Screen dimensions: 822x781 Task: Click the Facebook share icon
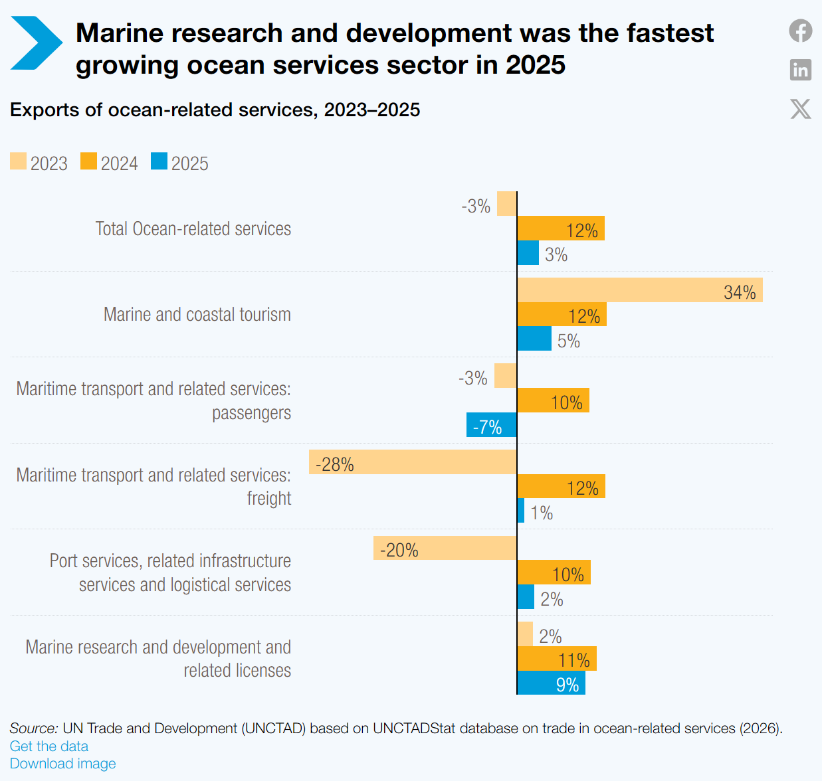pos(800,31)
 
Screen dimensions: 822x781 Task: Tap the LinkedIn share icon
pos(800,69)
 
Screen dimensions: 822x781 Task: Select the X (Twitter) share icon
pos(800,109)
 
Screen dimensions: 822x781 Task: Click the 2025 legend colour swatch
pos(159,161)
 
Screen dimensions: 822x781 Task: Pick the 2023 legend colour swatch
pos(18,161)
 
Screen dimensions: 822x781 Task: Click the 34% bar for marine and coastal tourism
pos(640,290)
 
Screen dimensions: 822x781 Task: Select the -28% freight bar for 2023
pos(413,462)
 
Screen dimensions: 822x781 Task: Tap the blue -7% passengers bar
pos(492,424)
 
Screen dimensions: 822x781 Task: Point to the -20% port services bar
pos(445,548)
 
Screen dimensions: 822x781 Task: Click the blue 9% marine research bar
pos(551,683)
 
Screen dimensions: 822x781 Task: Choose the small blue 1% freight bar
pos(521,510)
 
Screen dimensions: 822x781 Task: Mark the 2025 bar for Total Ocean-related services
pos(528,253)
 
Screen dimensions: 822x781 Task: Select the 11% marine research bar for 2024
pos(557,659)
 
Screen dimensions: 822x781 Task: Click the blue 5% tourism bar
pos(534,339)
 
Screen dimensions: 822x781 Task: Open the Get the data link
pos(49,746)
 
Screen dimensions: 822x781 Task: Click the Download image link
pos(62,764)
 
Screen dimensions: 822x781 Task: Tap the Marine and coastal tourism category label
pos(197,314)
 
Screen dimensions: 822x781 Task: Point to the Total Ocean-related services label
pos(193,228)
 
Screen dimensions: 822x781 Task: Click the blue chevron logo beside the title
pos(37,43)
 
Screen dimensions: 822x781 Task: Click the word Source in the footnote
pos(34,728)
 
